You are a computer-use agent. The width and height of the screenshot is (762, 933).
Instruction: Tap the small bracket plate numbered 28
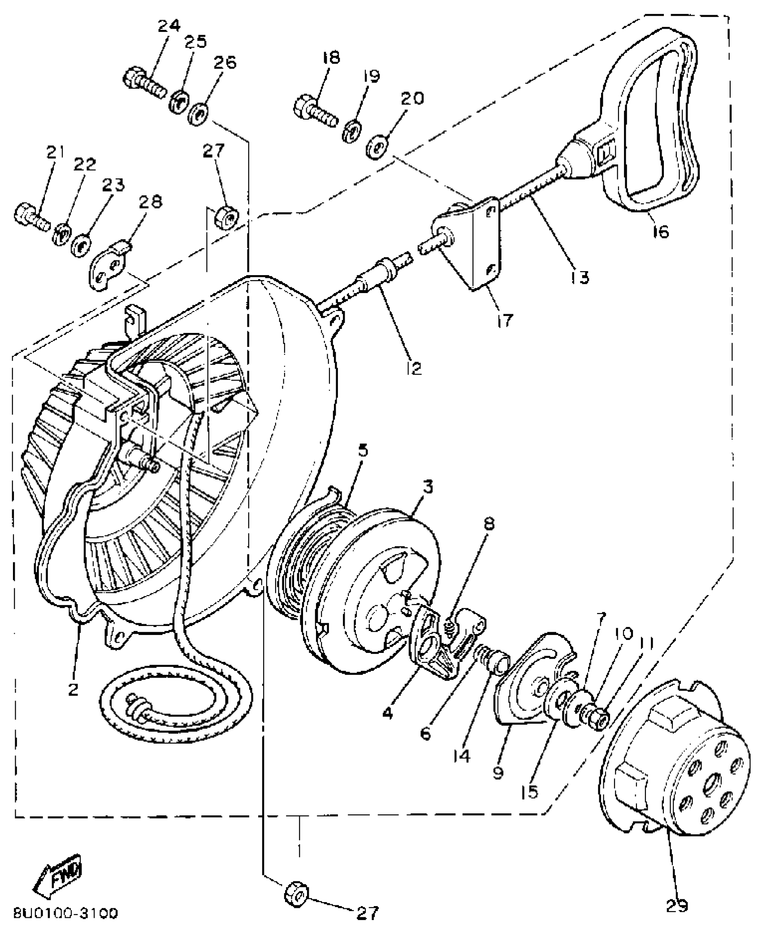click(109, 268)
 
